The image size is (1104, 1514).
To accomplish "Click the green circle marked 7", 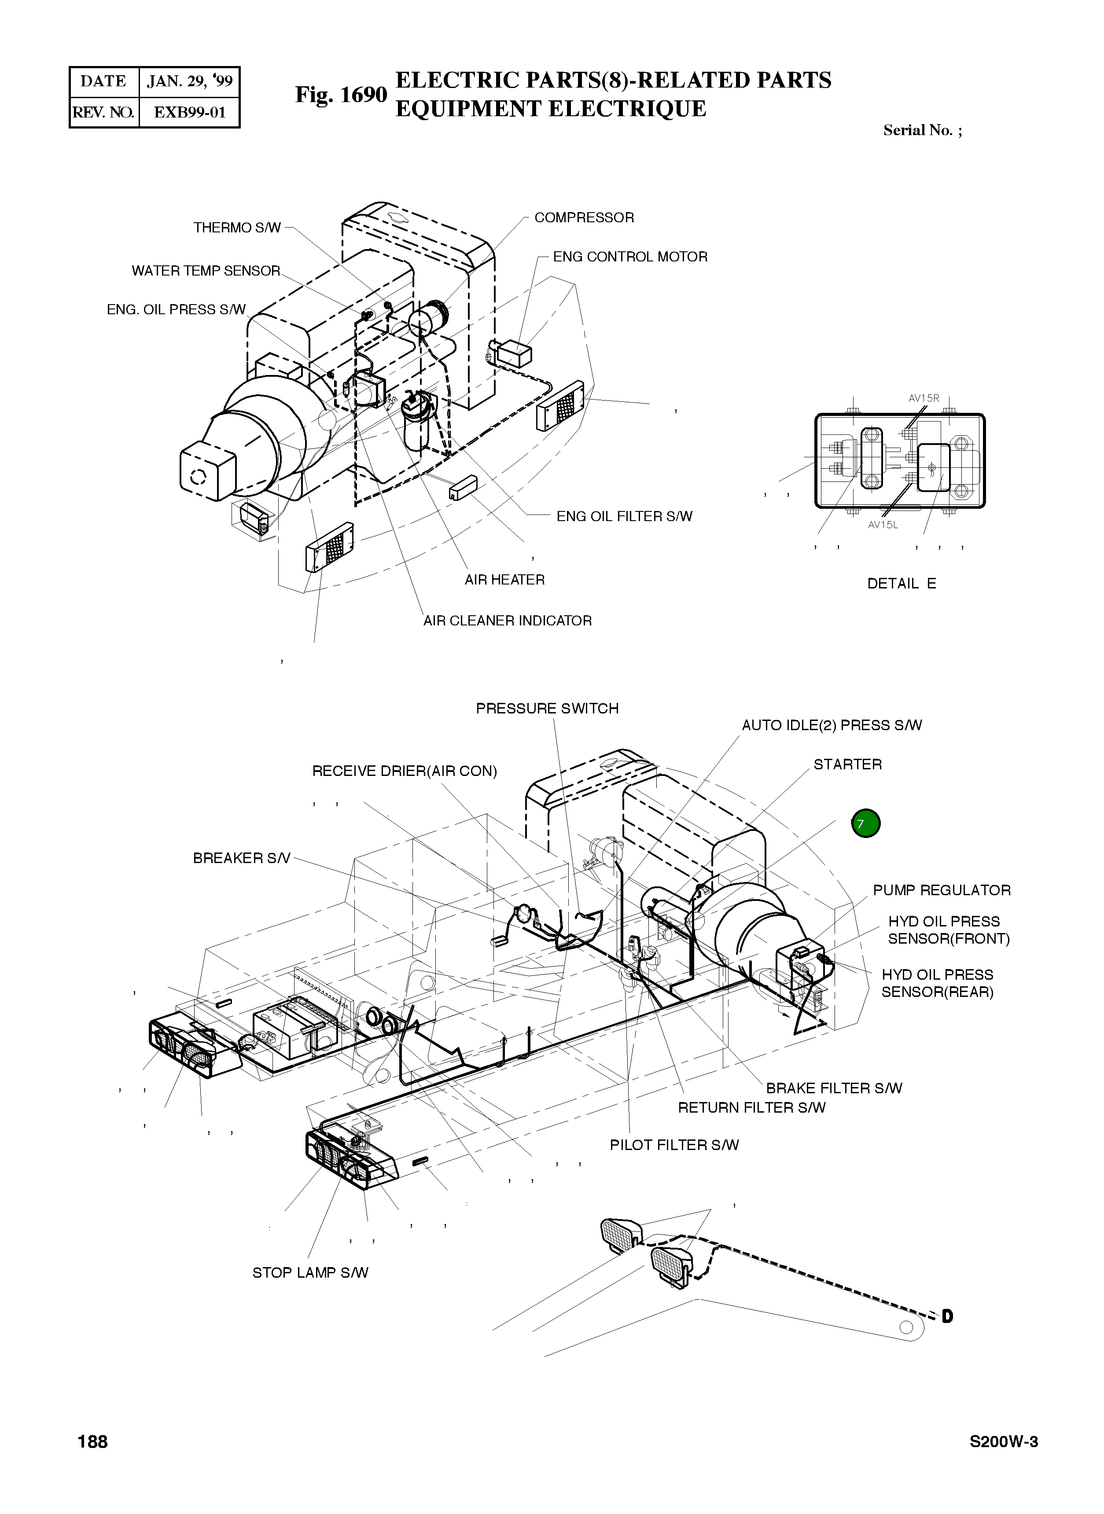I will click(865, 823).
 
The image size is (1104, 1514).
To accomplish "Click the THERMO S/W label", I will click(237, 228).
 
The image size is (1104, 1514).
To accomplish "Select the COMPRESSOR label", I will click(583, 218).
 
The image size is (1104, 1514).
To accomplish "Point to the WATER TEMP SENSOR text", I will click(206, 271).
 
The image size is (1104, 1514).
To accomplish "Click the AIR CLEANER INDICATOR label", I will click(507, 621).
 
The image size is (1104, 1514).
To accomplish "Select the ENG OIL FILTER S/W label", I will click(624, 516).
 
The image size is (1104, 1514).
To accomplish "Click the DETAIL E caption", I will click(901, 583).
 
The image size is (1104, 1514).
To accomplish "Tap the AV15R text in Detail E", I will click(924, 398).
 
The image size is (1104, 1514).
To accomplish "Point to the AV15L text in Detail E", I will click(883, 525).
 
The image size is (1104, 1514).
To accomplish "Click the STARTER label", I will click(847, 764).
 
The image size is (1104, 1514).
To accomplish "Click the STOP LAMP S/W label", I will click(310, 1273).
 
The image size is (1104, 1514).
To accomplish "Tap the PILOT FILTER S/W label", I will click(673, 1145).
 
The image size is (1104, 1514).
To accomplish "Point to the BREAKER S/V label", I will click(241, 858).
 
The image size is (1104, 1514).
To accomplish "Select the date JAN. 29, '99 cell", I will click(190, 81).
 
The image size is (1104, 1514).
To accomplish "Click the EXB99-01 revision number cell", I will click(190, 112).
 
